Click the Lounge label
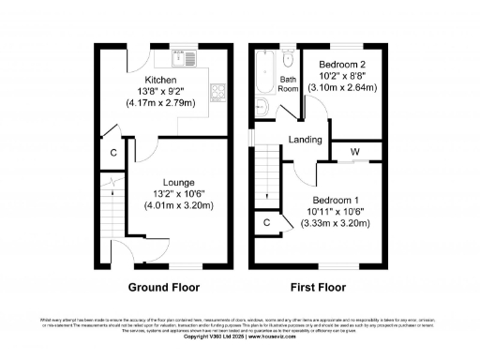(x=178, y=182)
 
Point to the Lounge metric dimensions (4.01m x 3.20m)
(x=178, y=205)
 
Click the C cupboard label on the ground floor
(x=112, y=153)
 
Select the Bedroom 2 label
(x=341, y=64)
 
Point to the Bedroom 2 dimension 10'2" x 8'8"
(x=341, y=76)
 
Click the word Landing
(x=306, y=141)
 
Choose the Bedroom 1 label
(x=335, y=201)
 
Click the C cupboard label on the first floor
(x=267, y=222)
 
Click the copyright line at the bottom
(x=240, y=337)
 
